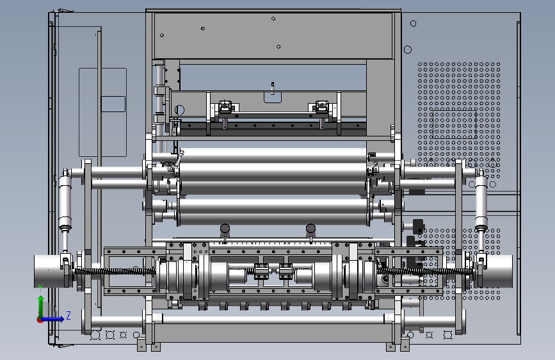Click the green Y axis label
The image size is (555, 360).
point(40,288)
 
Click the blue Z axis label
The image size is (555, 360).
point(68,315)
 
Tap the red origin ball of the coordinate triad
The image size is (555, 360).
point(40,320)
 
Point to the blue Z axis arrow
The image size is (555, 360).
point(53,319)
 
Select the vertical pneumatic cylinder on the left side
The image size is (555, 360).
point(65,202)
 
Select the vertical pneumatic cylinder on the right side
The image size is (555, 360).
point(481,202)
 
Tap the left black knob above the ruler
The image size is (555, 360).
point(225,231)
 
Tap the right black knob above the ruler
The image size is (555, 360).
point(310,231)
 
